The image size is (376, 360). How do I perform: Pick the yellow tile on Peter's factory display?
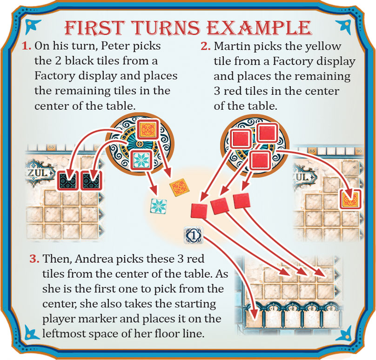point(148,131)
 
